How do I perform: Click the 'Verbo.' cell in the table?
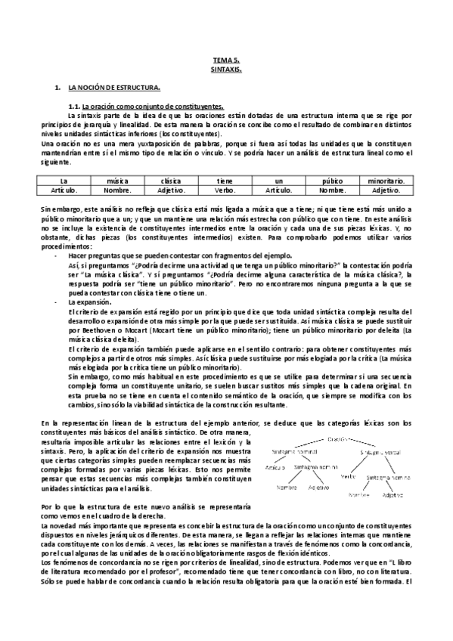tap(225, 190)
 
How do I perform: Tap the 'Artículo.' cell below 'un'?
tap(278, 190)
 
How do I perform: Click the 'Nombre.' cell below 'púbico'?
tap(332, 190)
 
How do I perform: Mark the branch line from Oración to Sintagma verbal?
tap(358, 444)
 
